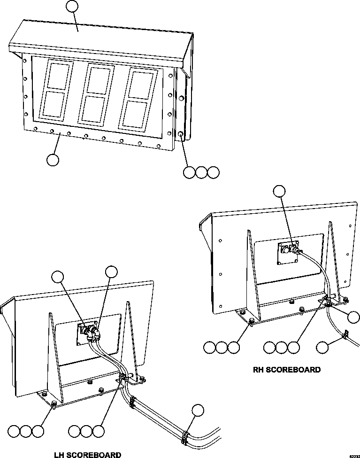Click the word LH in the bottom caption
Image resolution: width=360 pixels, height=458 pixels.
tap(60, 454)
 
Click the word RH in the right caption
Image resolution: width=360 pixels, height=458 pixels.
tap(259, 370)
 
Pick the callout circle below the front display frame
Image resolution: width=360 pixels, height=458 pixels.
tap(53, 160)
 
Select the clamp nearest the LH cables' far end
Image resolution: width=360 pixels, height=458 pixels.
tap(185, 436)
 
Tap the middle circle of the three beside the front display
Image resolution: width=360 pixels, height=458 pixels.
tap(201, 172)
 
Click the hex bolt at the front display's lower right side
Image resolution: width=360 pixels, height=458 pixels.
tap(181, 134)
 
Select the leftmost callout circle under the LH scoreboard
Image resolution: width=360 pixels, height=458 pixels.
tap(14, 431)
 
